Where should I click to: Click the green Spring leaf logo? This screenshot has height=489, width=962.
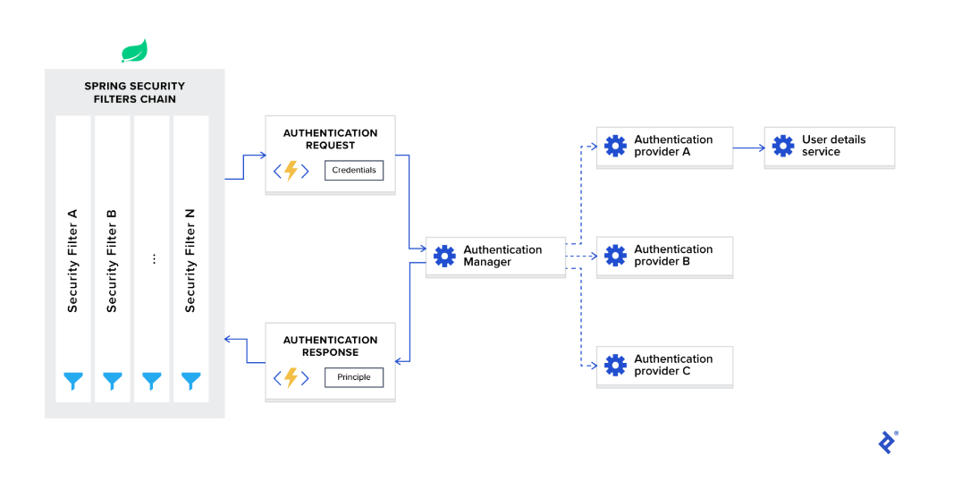click(134, 51)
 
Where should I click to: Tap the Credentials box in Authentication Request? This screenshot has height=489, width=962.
click(354, 170)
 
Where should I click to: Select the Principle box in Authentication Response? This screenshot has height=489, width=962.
click(354, 377)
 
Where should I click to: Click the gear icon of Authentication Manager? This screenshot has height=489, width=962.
click(444, 256)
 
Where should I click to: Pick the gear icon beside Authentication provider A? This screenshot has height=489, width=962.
click(615, 146)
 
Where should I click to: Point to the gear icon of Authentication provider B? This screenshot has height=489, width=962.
click(615, 256)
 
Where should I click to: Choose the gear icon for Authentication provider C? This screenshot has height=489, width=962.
click(615, 365)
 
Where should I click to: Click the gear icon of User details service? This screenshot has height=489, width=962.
click(782, 146)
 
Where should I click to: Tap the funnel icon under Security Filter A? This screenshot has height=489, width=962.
click(72, 382)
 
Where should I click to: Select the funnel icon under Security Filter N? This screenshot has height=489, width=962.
click(190, 382)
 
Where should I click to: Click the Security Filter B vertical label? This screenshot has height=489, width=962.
click(112, 260)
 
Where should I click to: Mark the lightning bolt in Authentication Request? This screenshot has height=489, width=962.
click(291, 171)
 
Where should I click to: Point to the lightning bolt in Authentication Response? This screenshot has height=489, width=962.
click(291, 377)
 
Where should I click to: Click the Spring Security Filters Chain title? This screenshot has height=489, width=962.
click(135, 92)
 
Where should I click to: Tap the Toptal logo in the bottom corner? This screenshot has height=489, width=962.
click(887, 442)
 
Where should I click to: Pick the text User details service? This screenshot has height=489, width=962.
click(833, 146)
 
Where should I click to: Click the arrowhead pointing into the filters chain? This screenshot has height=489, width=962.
click(229, 340)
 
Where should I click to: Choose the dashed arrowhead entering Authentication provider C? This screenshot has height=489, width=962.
click(592, 365)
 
